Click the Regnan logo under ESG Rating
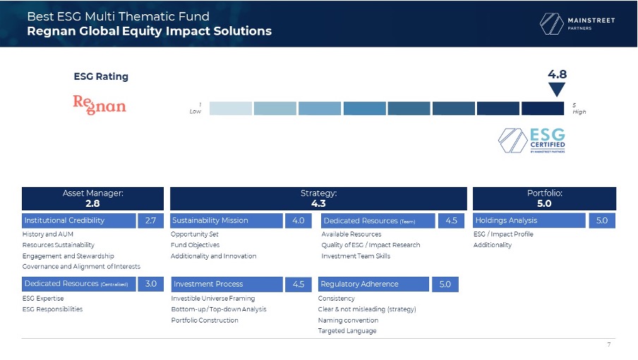(x=100, y=105)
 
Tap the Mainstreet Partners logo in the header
(x=577, y=23)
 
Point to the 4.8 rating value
(x=557, y=74)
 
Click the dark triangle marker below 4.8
(x=557, y=90)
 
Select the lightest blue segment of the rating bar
(x=231, y=109)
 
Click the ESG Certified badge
(x=532, y=140)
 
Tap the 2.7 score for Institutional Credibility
(x=150, y=220)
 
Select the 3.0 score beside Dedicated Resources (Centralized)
(x=150, y=284)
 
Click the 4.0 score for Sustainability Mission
(x=299, y=220)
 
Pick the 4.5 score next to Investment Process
(x=299, y=284)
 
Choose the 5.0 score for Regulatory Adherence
(x=445, y=284)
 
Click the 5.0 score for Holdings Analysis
(x=602, y=220)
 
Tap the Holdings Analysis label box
(x=529, y=220)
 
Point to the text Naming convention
(x=348, y=320)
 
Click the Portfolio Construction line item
(x=205, y=320)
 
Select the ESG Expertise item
(x=43, y=298)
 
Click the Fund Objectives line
(x=195, y=245)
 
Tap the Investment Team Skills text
(x=356, y=256)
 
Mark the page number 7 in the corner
(x=608, y=344)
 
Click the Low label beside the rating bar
(x=195, y=112)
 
